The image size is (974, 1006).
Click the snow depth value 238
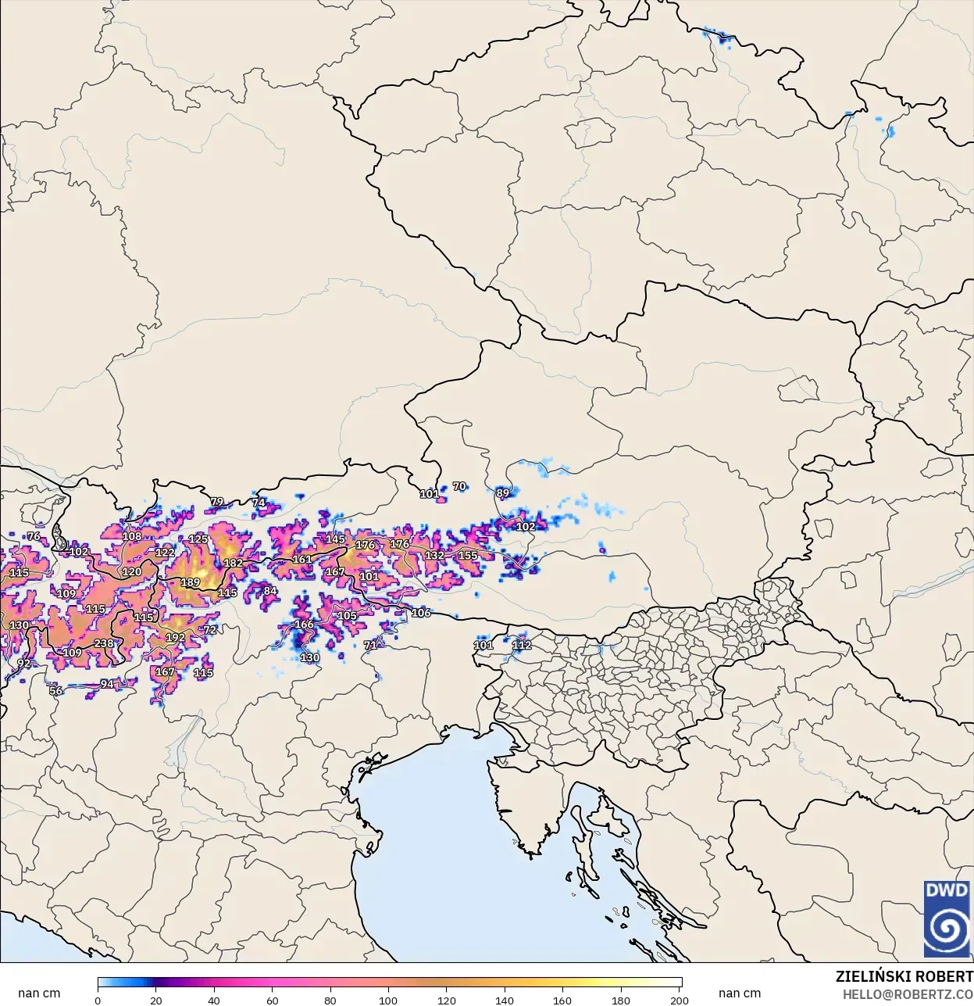pos(104,643)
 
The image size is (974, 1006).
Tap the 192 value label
pos(176,637)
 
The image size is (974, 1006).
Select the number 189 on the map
pos(191,582)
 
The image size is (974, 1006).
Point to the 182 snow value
pos(233,563)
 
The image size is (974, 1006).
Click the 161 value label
pos(302,559)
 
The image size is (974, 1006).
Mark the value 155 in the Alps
pos(468,556)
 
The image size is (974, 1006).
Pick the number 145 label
pos(335,539)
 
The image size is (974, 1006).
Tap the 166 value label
pos(304,625)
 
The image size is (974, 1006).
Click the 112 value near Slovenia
pos(522,645)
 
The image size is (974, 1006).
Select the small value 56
pos(56,691)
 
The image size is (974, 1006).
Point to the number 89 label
pos(502,493)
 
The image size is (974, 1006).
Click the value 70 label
pos(459,486)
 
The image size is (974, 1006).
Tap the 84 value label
pos(270,591)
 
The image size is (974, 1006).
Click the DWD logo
pos(946,918)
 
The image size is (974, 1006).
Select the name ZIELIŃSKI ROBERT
pos(904,976)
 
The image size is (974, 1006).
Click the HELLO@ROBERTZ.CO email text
pos(907,994)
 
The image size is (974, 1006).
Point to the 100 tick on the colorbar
pos(388,1000)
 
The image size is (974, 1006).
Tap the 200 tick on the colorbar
pos(680,1000)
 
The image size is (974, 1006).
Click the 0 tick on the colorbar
pos(98,1000)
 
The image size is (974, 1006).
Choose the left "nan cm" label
pos(39,993)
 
